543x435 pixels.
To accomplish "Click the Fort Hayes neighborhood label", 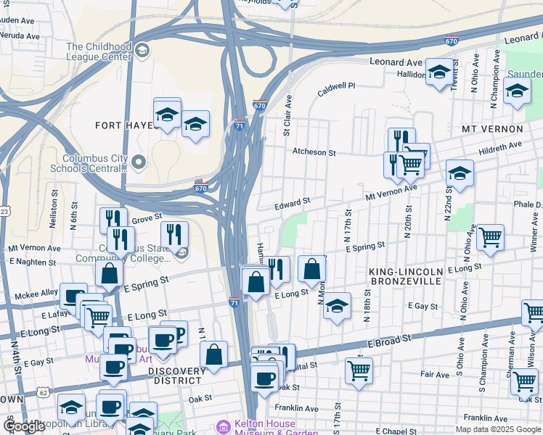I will (x=125, y=125).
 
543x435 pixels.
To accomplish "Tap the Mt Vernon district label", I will (x=492, y=129).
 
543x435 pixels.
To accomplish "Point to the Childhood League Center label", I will (x=98, y=51).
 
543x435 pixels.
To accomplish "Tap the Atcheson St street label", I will (x=314, y=153).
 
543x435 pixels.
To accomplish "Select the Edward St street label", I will (x=293, y=204).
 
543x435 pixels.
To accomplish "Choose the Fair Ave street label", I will (x=435, y=375).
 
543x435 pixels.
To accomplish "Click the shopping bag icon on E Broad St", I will (x=213, y=354).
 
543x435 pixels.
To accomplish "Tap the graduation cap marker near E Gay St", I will (x=337, y=306).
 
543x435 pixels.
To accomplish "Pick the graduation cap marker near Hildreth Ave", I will (x=460, y=173).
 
